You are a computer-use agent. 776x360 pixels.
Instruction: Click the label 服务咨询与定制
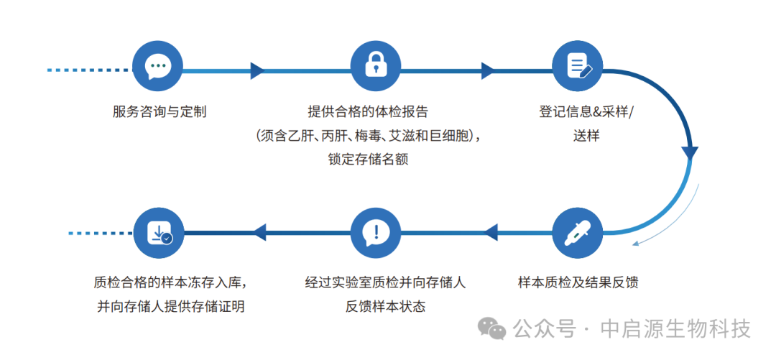coord(160,112)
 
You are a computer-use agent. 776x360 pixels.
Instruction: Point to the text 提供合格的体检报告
coord(368,112)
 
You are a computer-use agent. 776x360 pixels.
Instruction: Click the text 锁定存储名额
coord(368,159)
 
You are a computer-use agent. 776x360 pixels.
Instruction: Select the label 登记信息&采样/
coord(586,112)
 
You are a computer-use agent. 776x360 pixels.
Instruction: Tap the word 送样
coord(586,136)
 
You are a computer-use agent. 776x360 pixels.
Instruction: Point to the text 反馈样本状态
coord(385,306)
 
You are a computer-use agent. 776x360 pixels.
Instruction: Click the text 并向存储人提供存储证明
coord(171,306)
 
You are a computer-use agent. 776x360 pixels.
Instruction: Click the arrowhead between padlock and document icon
coord(488,70)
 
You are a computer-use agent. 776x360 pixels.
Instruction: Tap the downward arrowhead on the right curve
coord(690,153)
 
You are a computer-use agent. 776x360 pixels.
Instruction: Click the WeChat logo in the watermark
coord(493,329)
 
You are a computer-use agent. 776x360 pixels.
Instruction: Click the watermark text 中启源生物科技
coord(675,329)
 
